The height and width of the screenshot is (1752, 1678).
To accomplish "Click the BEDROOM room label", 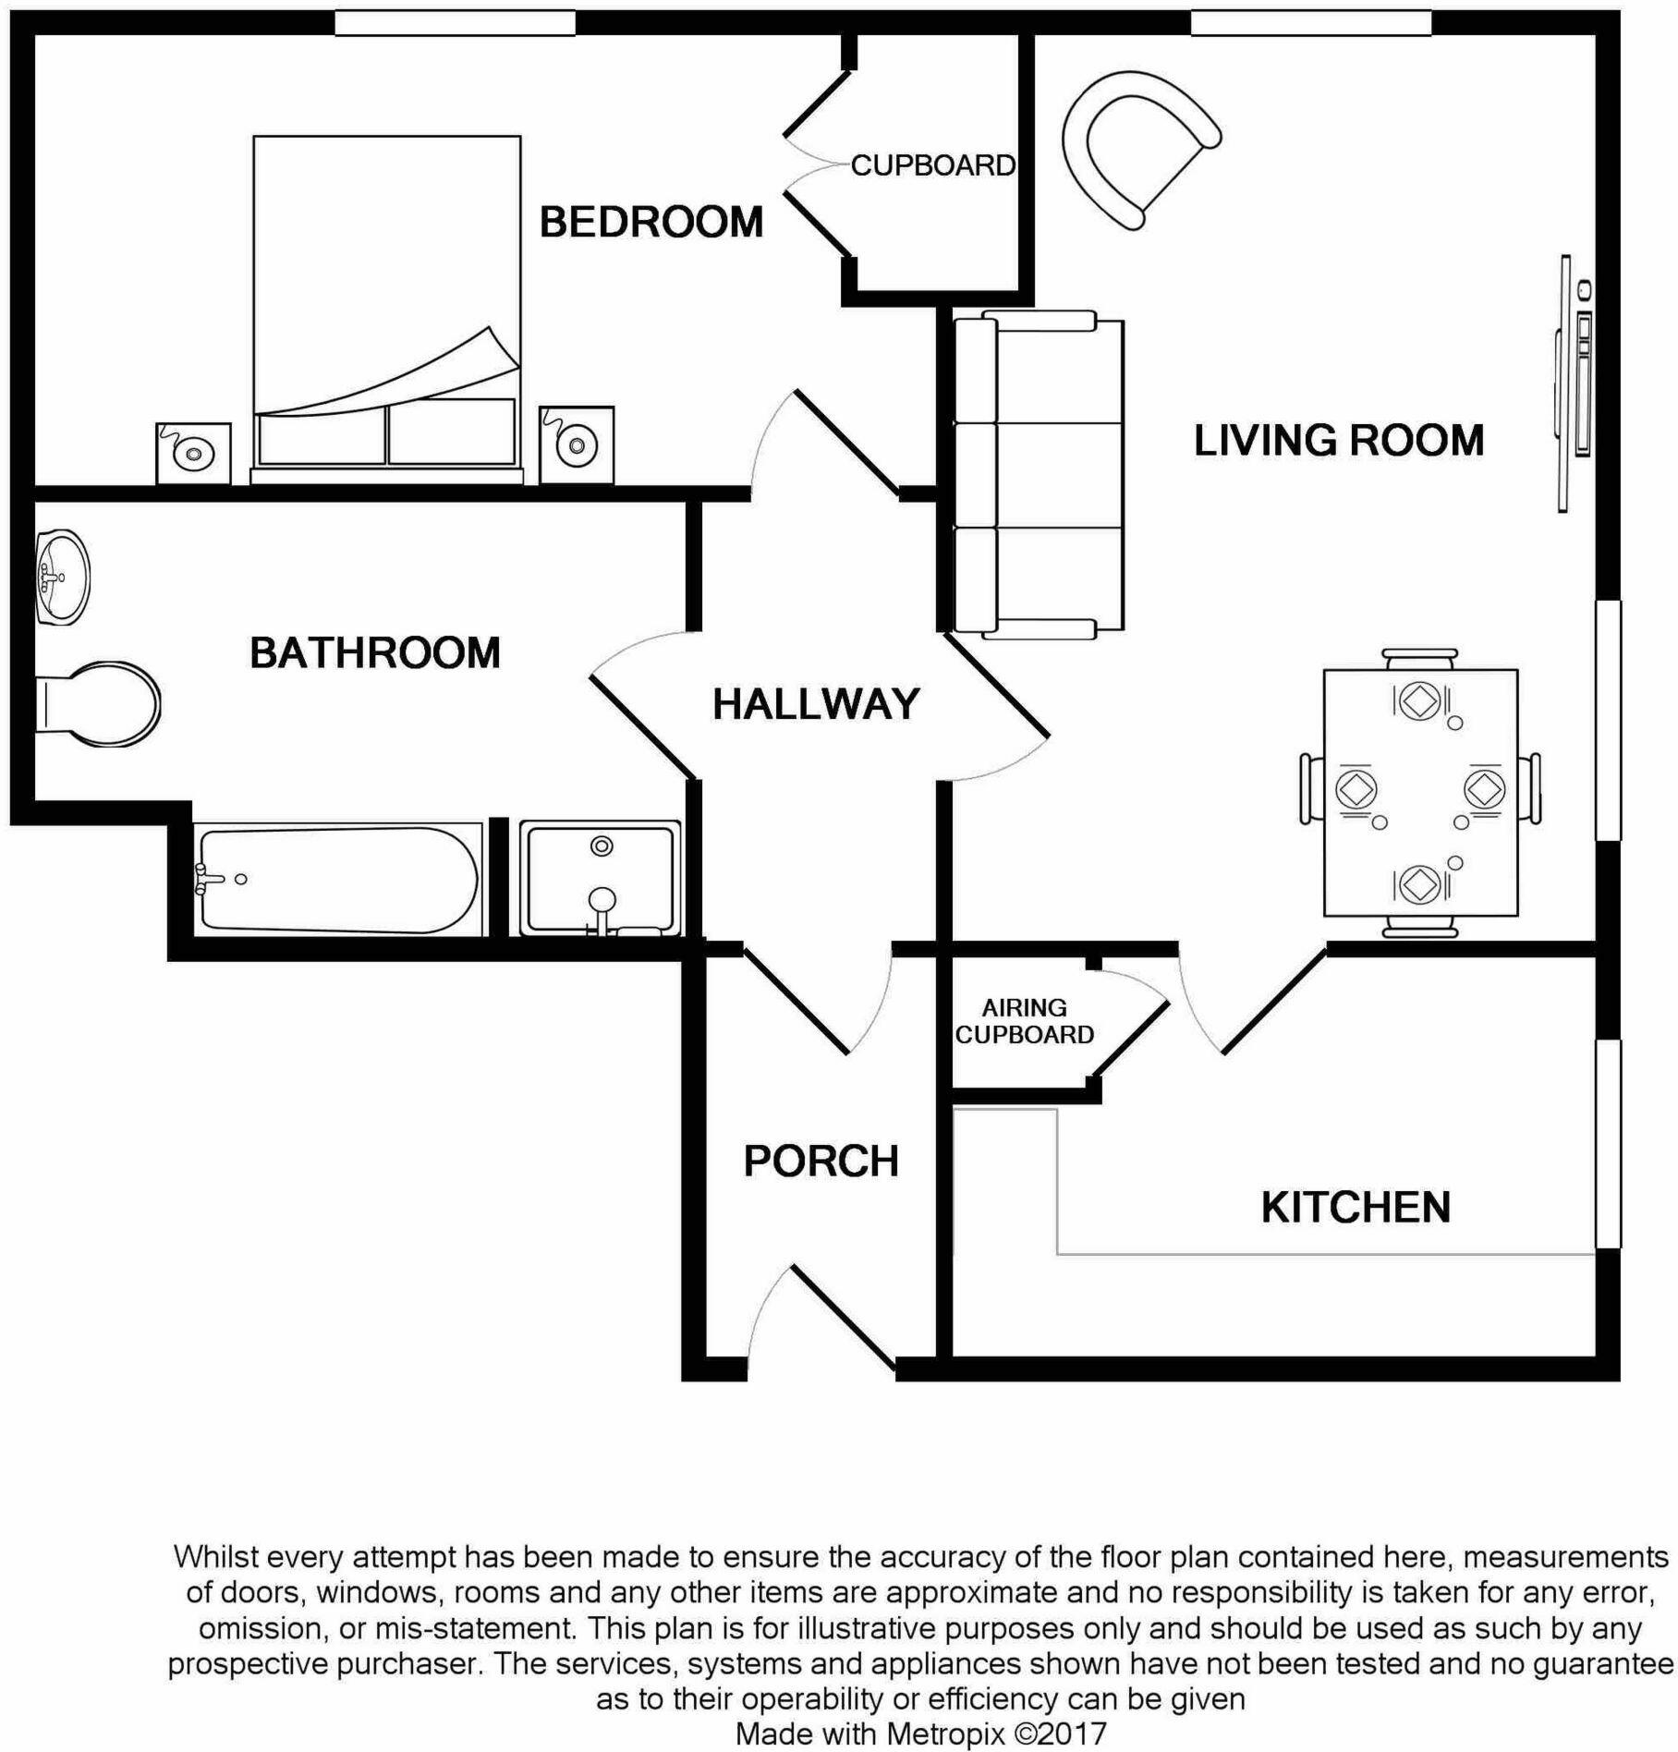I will pyautogui.click(x=651, y=223).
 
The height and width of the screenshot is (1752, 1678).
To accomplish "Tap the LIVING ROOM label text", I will pyautogui.click(x=1338, y=441).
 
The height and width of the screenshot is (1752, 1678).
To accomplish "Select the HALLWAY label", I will pyautogui.click(x=816, y=705).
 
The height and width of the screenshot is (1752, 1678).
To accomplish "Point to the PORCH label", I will pyautogui.click(x=821, y=1162).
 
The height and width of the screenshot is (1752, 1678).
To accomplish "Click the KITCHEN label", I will pyautogui.click(x=1356, y=1208).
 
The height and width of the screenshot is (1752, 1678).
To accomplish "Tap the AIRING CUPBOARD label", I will pyautogui.click(x=1024, y=1021).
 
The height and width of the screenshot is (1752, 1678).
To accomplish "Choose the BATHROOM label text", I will pyautogui.click(x=375, y=653).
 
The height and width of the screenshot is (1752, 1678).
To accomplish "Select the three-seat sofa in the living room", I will pyautogui.click(x=1038, y=476).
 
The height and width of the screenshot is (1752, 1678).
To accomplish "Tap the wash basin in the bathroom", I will pyautogui.click(x=63, y=578).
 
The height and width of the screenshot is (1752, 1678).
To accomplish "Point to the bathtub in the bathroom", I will pyautogui.click(x=337, y=880).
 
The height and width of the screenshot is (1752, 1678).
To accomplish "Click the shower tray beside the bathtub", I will pyautogui.click(x=601, y=880).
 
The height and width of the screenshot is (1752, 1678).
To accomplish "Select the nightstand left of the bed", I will pyautogui.click(x=193, y=454).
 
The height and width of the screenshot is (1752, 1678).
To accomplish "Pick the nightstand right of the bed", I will pyautogui.click(x=577, y=444).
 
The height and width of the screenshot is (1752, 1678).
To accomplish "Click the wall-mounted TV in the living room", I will pyautogui.click(x=1575, y=383).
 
